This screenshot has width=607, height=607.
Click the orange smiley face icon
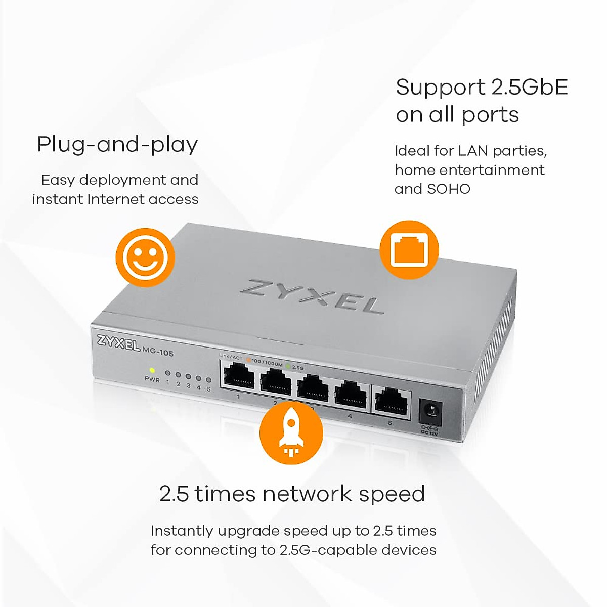(145, 257)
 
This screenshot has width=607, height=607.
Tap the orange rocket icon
(291, 432)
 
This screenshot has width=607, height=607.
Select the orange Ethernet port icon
(409, 249)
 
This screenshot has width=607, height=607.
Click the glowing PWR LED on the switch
(152, 370)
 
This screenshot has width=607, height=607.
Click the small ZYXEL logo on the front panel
(118, 343)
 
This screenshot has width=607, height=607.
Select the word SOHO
(449, 189)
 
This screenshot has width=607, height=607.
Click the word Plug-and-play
(117, 145)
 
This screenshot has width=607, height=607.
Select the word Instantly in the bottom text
(182, 531)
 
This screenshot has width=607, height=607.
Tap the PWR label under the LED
(152, 380)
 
